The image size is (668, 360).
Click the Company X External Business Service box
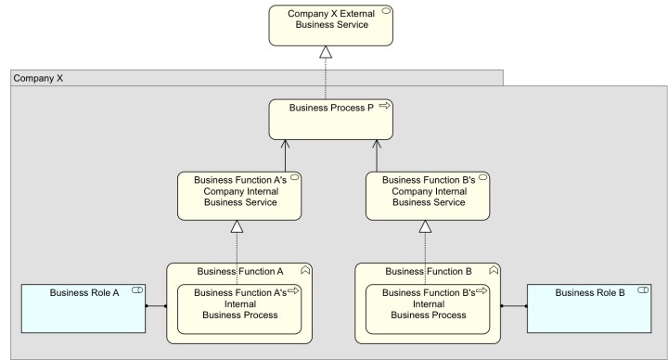click(330, 25)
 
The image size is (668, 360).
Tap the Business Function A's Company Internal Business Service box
click(239, 196)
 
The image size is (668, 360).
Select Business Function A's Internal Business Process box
click(239, 309)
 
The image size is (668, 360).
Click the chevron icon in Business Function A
click(306, 271)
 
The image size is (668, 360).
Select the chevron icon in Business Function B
click(495, 271)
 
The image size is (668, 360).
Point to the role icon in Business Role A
click(136, 292)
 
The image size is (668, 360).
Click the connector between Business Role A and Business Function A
click(156, 305)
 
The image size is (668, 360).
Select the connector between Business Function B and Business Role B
click(514, 305)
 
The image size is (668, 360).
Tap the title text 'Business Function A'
click(240, 271)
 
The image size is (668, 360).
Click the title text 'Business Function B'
click(429, 271)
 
